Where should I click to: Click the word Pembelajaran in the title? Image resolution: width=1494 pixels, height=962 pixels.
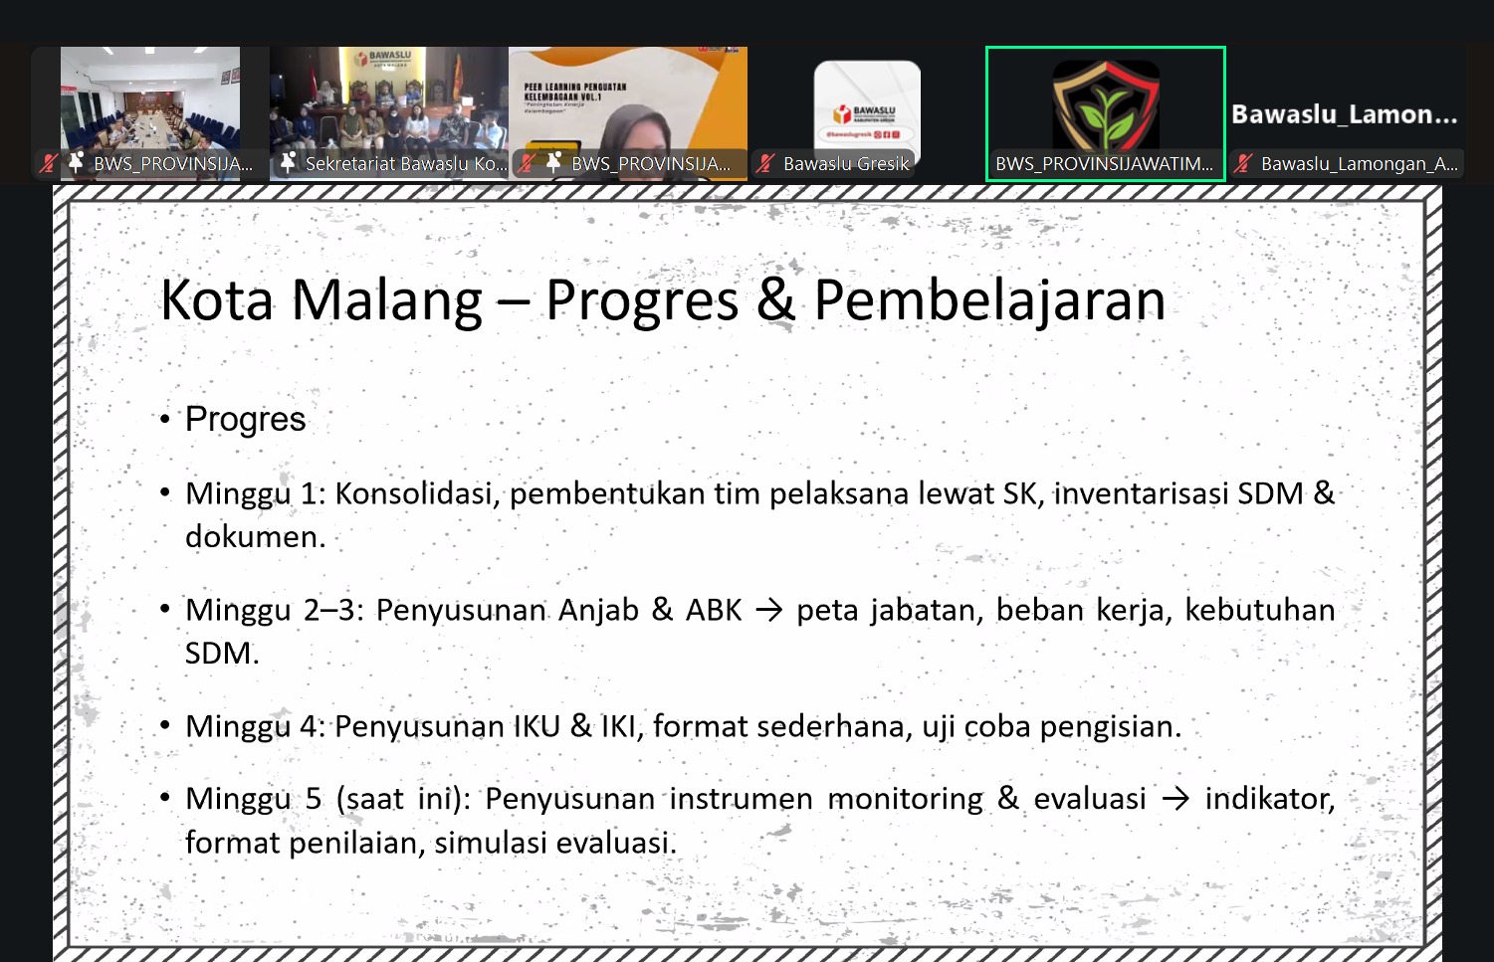[x=989, y=300]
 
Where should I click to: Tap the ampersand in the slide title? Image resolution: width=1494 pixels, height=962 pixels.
[x=775, y=300]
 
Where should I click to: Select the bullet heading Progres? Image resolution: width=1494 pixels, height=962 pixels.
[x=245, y=420]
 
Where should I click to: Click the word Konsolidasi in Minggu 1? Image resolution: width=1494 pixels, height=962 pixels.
[x=416, y=493]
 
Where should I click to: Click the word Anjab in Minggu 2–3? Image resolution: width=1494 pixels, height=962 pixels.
[x=598, y=610]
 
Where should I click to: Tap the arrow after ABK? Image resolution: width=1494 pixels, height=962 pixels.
[x=768, y=610]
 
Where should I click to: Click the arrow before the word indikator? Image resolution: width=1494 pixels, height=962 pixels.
[x=1175, y=799]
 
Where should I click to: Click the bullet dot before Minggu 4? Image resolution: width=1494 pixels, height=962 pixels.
[x=165, y=726]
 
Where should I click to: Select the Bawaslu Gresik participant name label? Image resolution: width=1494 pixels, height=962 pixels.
[x=846, y=164]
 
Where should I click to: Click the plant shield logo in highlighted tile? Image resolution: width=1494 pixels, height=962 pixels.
[x=1105, y=105]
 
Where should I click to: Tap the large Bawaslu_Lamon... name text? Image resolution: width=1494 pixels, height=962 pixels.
[x=1344, y=114]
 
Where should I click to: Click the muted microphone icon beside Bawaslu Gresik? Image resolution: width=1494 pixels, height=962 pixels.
[x=764, y=164]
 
